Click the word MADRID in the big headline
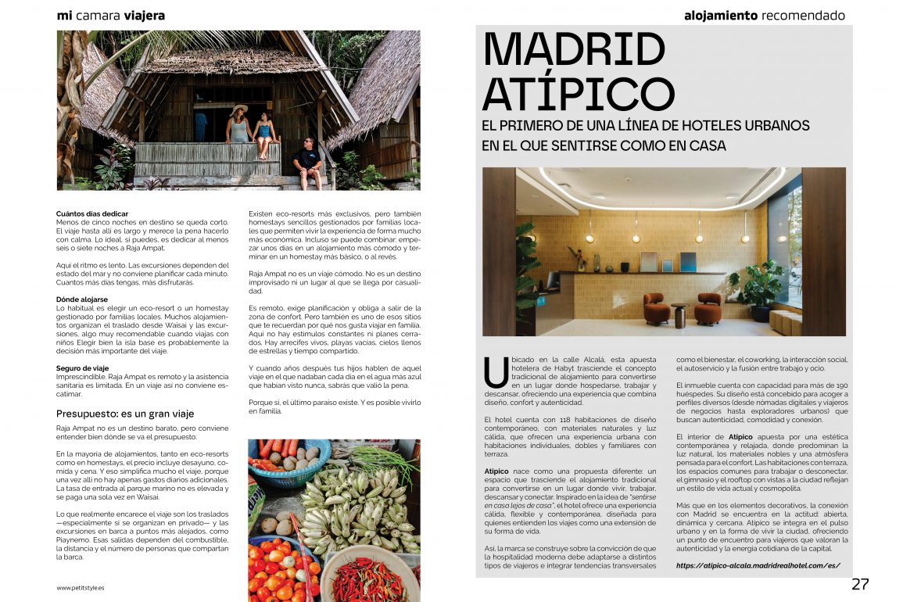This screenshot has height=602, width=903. coord(574,50)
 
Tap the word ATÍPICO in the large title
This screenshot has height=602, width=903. coord(579,94)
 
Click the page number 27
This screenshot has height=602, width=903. coord(860,584)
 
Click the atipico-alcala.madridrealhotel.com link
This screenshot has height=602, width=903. coord(758,565)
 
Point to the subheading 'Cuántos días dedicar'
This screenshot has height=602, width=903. coord(92,213)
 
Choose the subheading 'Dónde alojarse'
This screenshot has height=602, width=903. coord(83,299)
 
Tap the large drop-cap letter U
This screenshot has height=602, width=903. coord(496,371)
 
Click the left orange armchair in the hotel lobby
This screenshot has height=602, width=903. coord(657,308)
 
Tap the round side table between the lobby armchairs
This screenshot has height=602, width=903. coord(679,314)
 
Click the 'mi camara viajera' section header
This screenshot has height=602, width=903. coord(111,15)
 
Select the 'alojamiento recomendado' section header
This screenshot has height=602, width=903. coord(764,15)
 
